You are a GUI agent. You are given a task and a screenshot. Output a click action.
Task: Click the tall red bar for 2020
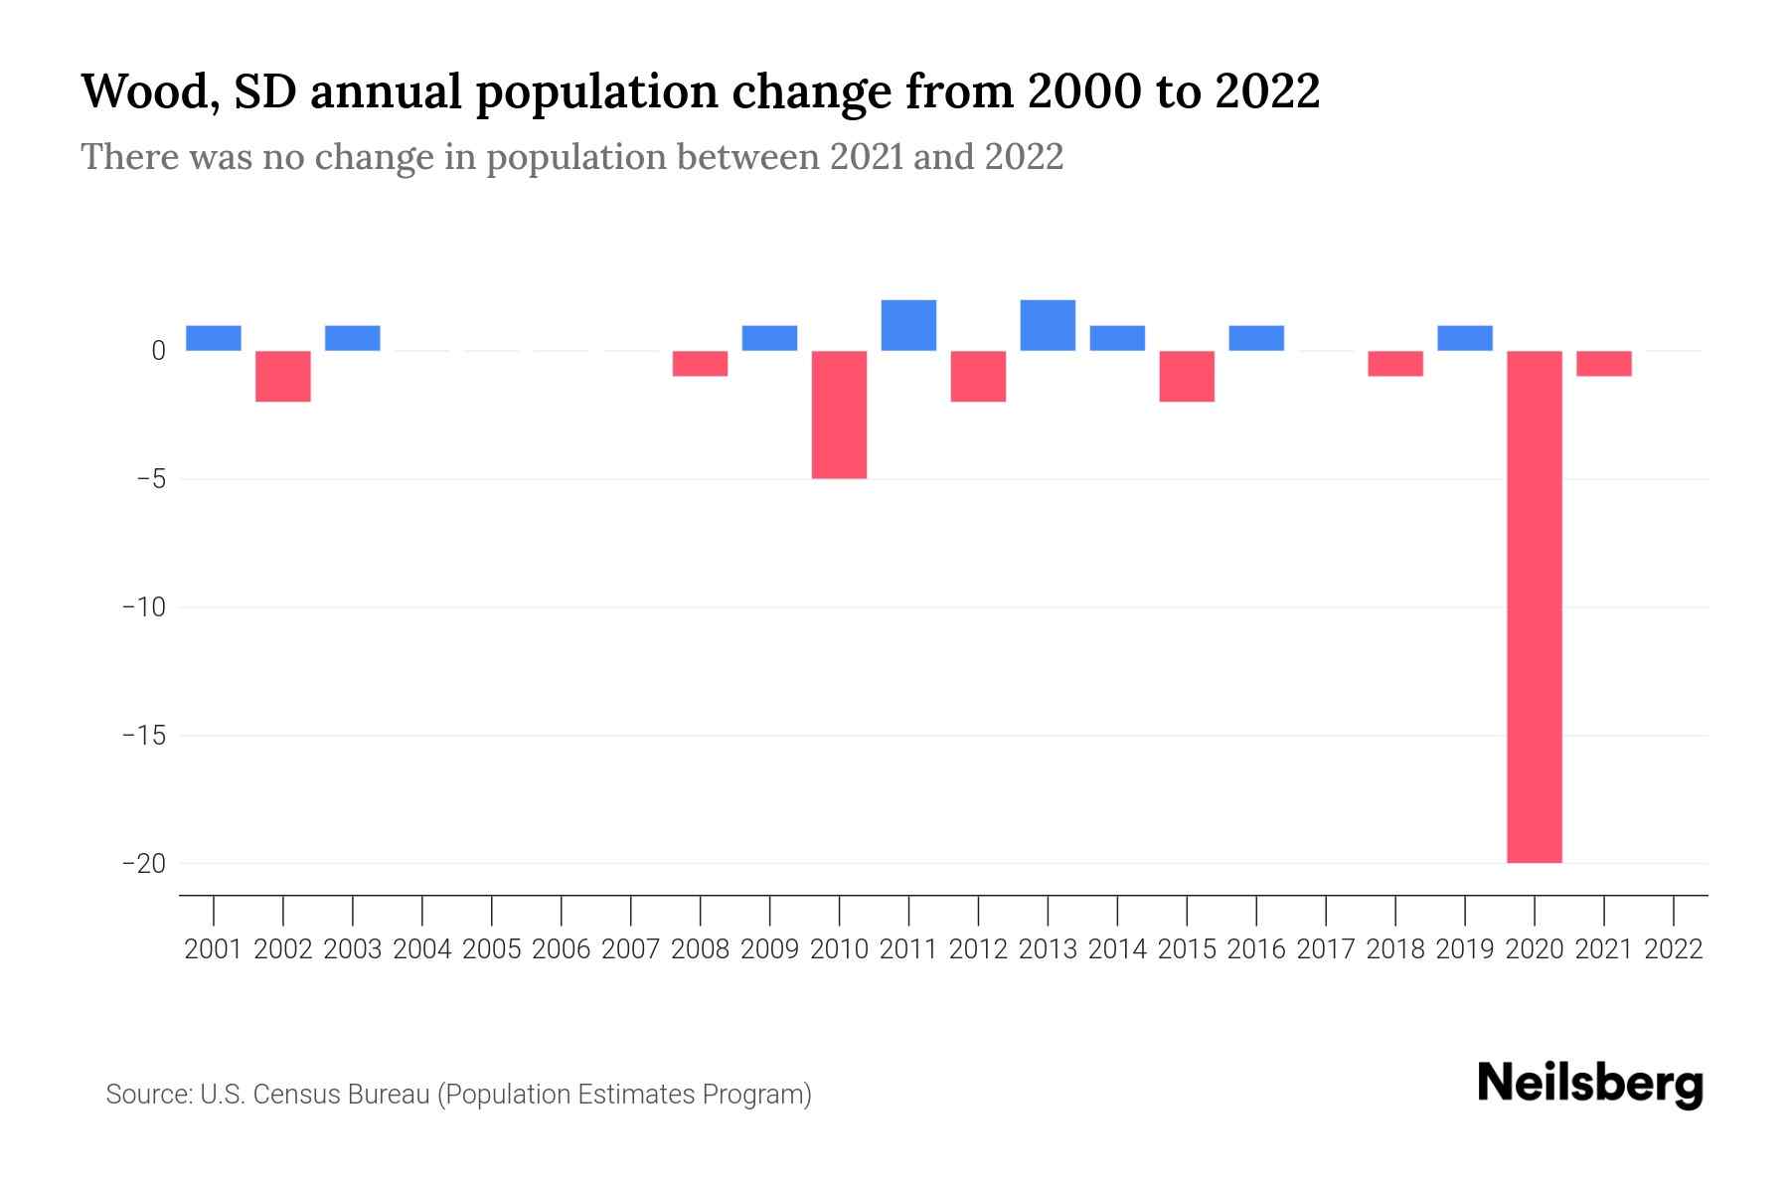1534,606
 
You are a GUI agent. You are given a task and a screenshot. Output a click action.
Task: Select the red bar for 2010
839,415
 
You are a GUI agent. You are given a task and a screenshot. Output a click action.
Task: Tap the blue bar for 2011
908,325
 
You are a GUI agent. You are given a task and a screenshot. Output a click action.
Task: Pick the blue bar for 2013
1048,325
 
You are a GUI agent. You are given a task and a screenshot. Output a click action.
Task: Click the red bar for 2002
283,376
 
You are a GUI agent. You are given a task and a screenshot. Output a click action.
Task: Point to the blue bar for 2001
214,338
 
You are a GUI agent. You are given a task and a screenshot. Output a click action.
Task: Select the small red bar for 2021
1603,364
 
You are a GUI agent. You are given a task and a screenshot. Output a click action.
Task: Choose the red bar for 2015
1187,376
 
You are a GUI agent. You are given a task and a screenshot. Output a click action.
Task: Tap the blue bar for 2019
1464,338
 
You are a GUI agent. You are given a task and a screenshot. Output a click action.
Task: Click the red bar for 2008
700,364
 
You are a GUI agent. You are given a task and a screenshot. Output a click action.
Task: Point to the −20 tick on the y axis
143,863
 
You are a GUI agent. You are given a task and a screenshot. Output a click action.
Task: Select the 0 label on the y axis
158,351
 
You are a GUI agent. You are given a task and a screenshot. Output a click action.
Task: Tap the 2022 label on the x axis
1674,949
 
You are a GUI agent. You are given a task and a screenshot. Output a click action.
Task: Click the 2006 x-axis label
562,949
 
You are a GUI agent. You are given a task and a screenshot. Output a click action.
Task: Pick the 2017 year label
1326,949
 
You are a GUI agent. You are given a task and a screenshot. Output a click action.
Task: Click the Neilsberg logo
1590,1084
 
